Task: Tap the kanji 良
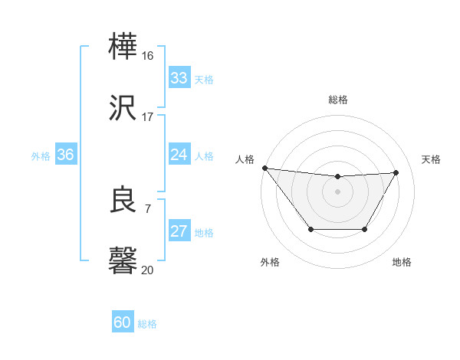coord(123,200)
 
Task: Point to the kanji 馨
coord(123,260)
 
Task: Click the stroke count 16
coord(148,56)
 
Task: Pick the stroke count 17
coord(148,116)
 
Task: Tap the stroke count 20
coord(148,269)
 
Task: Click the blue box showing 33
coord(179,78)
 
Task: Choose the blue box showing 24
coord(179,155)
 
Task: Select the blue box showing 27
coord(179,231)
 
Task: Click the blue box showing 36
coord(65,155)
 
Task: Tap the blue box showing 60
coord(123,322)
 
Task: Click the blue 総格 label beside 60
coord(148,324)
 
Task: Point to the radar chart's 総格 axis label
coord(338,100)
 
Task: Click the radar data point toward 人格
coord(264,168)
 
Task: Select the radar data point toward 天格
coord(396,172)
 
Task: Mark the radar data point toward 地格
coord(365,229)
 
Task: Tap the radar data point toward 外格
coord(310,229)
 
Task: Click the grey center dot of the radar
coord(338,191)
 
